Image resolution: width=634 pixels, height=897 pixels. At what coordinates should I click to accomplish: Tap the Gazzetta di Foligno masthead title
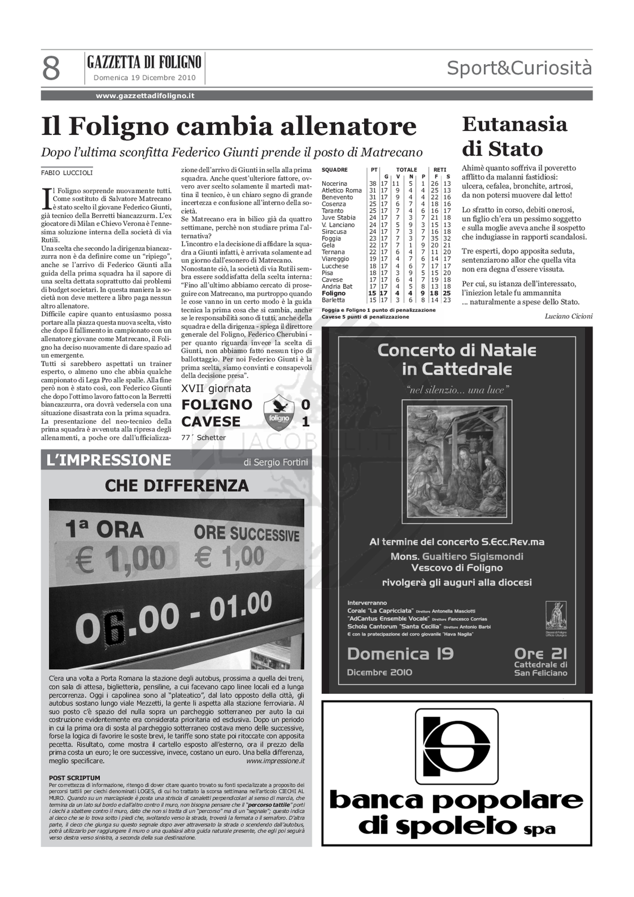tap(145, 62)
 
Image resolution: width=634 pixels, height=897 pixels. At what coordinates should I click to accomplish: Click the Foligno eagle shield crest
tap(278, 414)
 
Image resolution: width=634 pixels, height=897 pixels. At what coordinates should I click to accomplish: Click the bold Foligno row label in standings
tap(334, 293)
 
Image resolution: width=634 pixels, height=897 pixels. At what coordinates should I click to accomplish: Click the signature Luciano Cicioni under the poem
tap(568, 316)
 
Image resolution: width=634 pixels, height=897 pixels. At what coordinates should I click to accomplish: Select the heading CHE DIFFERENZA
tap(177, 486)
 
